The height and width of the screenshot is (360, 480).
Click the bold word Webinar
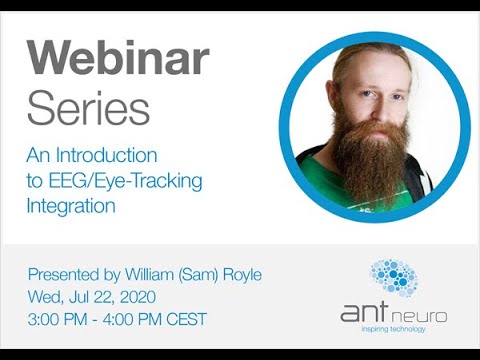pyautogui.click(x=118, y=61)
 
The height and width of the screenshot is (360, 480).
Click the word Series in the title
pyautogui.click(x=89, y=107)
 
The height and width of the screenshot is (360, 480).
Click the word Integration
pyautogui.click(x=72, y=207)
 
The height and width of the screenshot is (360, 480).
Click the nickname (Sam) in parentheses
pyautogui.click(x=210, y=274)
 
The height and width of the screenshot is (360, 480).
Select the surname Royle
pyautogui.click(x=255, y=274)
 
